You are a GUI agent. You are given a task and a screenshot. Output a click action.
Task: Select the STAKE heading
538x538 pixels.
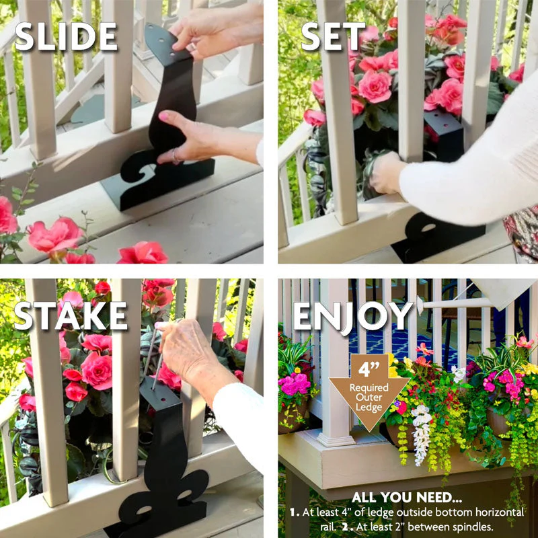click(x=71, y=315)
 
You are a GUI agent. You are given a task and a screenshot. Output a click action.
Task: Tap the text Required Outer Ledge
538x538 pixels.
click(x=369, y=397)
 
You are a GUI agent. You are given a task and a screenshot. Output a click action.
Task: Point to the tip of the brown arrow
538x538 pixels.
click(x=369, y=428)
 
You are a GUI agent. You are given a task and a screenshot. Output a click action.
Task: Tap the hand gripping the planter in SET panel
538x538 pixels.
click(x=387, y=172)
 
